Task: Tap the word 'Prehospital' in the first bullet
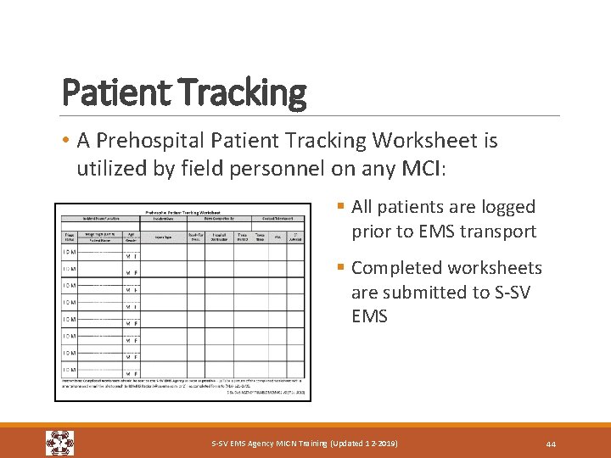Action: point(155,140)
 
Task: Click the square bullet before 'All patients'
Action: point(340,207)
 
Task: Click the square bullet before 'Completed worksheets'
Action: point(340,268)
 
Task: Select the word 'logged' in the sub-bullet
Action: point(504,207)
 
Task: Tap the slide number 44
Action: point(551,444)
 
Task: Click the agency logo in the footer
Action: point(59,443)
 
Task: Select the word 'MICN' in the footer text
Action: point(285,444)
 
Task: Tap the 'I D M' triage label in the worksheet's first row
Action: point(70,252)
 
